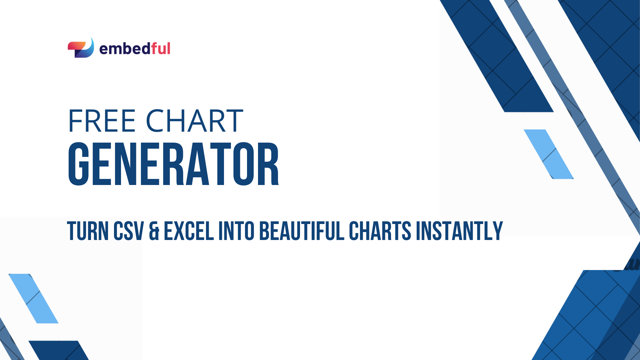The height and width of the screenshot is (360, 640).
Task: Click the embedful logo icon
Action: tap(81, 48)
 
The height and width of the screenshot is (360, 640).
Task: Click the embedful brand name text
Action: tap(135, 49)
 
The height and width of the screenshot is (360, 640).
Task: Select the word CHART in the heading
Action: tap(194, 121)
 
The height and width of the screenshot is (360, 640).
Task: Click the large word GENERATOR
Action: tap(173, 164)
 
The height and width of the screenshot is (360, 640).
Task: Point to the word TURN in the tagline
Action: tap(88, 231)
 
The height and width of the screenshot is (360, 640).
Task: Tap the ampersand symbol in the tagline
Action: tap(154, 231)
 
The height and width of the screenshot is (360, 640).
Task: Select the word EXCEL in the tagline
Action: tap(189, 231)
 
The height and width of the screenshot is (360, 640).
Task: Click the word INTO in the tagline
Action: tap(236, 231)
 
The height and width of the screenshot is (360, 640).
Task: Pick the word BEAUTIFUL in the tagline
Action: tap(302, 231)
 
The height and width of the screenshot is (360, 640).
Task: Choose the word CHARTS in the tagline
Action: tap(380, 231)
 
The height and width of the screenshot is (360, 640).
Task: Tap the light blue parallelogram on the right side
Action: tap(549, 154)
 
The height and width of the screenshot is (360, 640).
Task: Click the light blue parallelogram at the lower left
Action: tap(33, 298)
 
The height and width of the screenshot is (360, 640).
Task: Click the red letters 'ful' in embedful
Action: tap(161, 49)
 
